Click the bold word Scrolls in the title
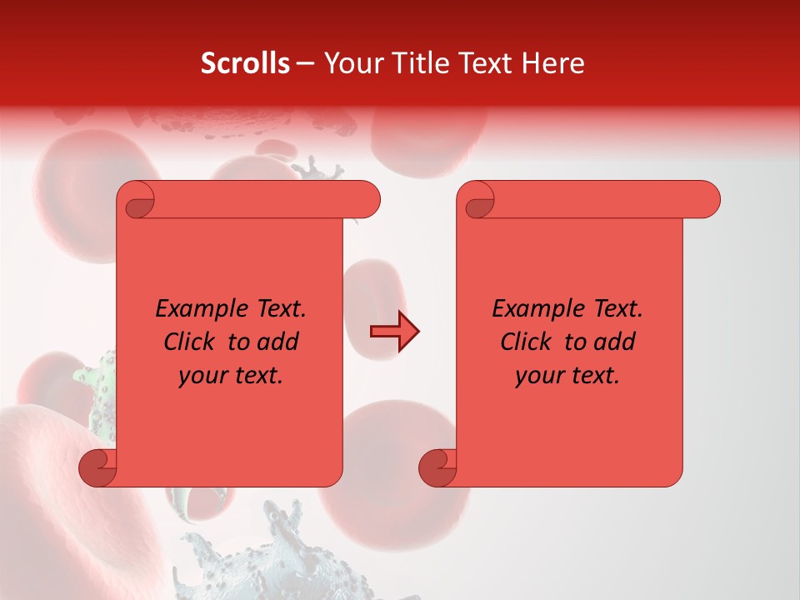click(246, 63)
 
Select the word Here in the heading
click(554, 63)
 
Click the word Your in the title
click(352, 63)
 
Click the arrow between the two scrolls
click(394, 332)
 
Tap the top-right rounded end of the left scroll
click(367, 200)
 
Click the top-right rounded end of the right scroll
click(707, 200)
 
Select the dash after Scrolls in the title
click(305, 63)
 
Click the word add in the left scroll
click(278, 342)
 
